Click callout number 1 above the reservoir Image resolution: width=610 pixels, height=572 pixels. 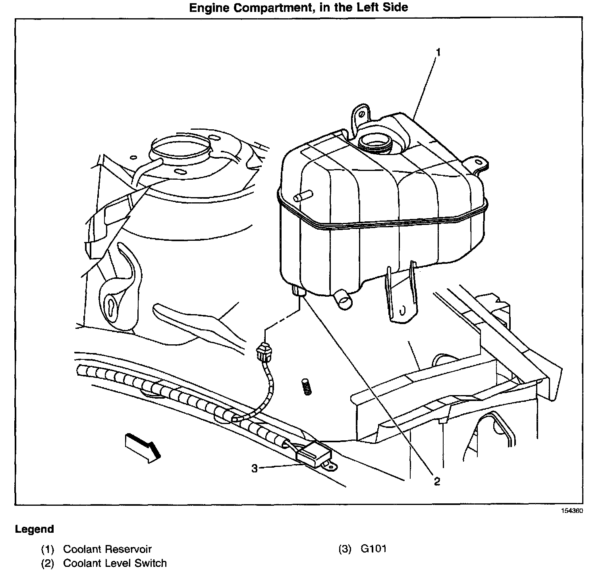pos(438,52)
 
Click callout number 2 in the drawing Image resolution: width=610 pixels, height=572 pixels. pos(437,481)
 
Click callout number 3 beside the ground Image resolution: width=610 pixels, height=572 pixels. pos(255,468)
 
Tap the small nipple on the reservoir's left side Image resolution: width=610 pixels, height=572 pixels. pos(303,196)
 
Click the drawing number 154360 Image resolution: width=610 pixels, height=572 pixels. pos(572,511)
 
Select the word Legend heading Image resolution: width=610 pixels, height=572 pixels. pos(34,529)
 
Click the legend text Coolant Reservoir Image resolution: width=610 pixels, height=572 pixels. pos(107,549)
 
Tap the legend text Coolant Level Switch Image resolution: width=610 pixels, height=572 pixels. pos(115,563)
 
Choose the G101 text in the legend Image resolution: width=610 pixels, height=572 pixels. pos(373,549)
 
